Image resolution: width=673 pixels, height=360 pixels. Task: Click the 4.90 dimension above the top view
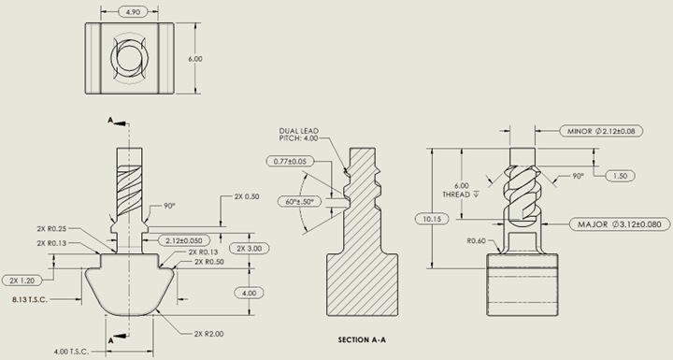(133, 11)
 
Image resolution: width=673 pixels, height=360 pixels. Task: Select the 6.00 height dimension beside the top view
(195, 59)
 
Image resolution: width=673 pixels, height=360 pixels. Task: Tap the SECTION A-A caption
(362, 339)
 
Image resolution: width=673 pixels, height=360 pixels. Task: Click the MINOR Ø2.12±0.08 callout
(601, 131)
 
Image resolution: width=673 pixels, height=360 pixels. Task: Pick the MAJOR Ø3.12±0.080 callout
(620, 224)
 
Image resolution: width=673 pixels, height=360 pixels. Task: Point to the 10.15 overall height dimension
(432, 219)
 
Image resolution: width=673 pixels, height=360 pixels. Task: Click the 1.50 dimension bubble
(621, 176)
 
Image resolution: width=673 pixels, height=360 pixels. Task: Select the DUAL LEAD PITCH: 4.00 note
(299, 135)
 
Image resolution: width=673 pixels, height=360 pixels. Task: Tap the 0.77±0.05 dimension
(290, 162)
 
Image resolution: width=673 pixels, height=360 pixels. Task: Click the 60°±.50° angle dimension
(299, 201)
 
